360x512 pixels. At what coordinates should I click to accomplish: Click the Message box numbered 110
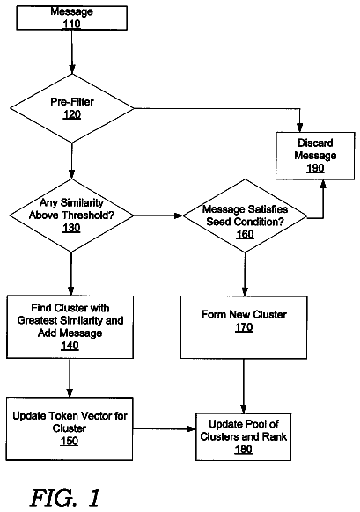(x=72, y=18)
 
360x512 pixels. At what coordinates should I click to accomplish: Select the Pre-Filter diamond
(x=72, y=108)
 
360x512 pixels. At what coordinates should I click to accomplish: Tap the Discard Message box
(x=315, y=156)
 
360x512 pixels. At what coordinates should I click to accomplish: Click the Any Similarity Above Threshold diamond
(x=71, y=216)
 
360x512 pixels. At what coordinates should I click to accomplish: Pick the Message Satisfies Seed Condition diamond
(x=245, y=216)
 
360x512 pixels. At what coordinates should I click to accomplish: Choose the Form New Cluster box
(x=244, y=327)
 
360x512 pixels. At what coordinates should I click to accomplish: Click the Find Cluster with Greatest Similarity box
(x=70, y=327)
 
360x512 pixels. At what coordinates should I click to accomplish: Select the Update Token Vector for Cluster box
(x=70, y=428)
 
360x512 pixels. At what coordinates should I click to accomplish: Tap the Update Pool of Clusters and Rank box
(x=244, y=437)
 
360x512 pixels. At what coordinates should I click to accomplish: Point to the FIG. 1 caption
(x=65, y=498)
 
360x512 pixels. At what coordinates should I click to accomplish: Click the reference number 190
(x=315, y=168)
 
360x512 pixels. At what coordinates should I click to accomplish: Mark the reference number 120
(x=72, y=114)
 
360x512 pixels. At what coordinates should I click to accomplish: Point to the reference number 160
(x=245, y=235)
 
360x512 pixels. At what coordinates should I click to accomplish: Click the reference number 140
(x=70, y=346)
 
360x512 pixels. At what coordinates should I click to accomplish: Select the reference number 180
(x=244, y=450)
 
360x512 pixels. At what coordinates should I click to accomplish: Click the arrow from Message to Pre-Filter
(x=72, y=52)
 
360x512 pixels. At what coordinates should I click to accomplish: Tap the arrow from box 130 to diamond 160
(x=158, y=216)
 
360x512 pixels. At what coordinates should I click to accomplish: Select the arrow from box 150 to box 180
(x=165, y=428)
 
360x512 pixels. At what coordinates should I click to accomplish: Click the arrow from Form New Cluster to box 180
(x=244, y=386)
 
